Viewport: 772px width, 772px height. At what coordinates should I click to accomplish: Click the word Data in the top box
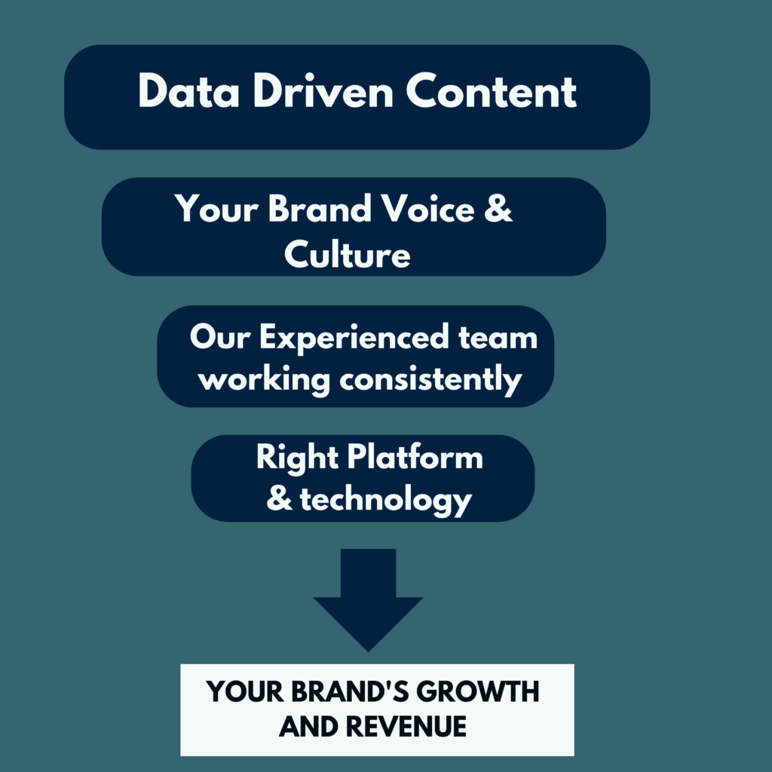pos(188,90)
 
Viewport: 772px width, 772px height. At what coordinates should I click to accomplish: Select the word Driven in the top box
pos(323,90)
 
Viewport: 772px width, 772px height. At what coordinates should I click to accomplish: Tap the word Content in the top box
pos(492,90)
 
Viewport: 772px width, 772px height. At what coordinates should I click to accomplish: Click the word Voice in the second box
pos(428,208)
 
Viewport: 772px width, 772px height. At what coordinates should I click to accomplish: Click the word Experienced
pos(354,337)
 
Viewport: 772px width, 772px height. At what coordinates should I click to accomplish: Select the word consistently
pos(430,380)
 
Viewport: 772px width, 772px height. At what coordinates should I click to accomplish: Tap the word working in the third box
pos(264,380)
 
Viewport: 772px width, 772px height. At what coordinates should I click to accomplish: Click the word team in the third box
pos(498,339)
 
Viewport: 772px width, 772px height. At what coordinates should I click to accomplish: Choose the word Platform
pos(415,457)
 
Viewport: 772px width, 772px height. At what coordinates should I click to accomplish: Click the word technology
pos(386,500)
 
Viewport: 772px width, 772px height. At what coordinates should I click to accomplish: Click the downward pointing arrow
pos(368,600)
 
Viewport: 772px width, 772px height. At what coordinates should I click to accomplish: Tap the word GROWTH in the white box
pos(477,691)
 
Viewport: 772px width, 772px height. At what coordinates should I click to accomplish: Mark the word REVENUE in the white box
pos(406,727)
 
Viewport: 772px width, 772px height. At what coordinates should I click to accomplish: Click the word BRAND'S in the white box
pos(350,691)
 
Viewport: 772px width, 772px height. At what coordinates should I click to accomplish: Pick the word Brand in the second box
pos(320,208)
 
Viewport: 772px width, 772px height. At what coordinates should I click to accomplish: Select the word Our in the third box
pos(220,337)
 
